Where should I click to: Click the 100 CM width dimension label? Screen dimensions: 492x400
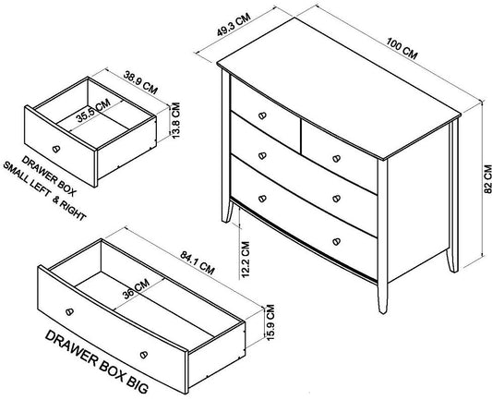pyautogui.click(x=402, y=48)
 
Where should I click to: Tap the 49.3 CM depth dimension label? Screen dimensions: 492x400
pyautogui.click(x=234, y=25)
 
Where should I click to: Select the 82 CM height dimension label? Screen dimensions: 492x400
pyautogui.click(x=488, y=178)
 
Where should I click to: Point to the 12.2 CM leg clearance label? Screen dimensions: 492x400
pyautogui.click(x=246, y=260)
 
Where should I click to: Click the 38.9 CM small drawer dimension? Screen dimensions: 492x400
pyautogui.click(x=140, y=83)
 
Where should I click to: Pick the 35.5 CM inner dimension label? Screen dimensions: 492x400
pyautogui.click(x=93, y=111)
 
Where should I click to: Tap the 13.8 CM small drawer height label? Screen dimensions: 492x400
pyautogui.click(x=176, y=120)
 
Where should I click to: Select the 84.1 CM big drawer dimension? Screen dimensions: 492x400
pyautogui.click(x=198, y=262)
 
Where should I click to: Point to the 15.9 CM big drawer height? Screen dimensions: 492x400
pyautogui.click(x=270, y=322)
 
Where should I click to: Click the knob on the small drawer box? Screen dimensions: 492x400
pyautogui.click(x=56, y=149)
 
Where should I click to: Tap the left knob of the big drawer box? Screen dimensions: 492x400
pyautogui.click(x=69, y=311)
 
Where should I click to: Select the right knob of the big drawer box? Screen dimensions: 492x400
pyautogui.click(x=144, y=355)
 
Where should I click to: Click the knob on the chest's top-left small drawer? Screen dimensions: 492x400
pyautogui.click(x=262, y=115)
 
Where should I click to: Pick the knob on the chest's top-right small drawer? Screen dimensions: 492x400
pyautogui.click(x=336, y=159)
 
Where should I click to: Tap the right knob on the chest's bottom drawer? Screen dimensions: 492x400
pyautogui.click(x=336, y=241)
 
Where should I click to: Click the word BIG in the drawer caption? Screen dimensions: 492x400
pyautogui.click(x=138, y=384)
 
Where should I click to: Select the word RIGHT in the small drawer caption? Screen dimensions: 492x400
pyautogui.click(x=73, y=211)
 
